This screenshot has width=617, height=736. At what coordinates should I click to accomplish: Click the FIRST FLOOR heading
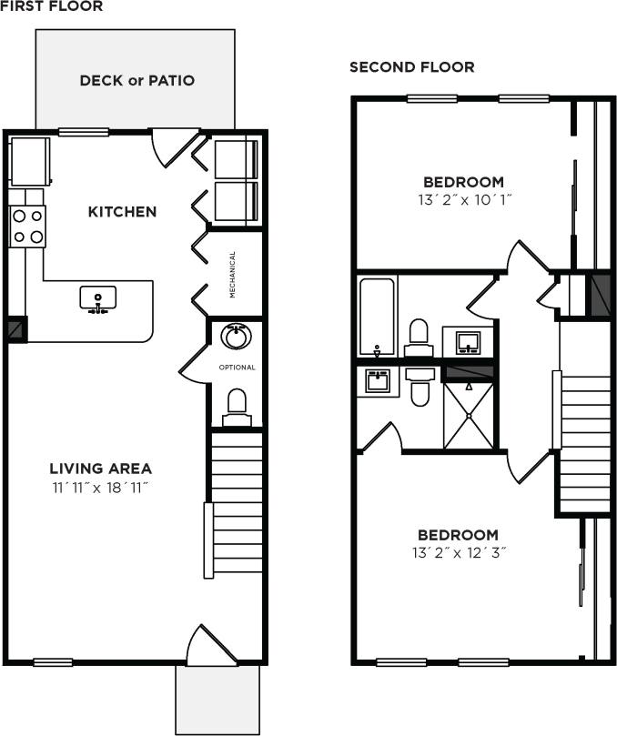(x=51, y=6)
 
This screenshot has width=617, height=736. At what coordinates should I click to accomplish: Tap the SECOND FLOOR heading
(x=411, y=67)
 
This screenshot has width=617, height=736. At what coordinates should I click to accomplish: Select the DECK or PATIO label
(x=137, y=80)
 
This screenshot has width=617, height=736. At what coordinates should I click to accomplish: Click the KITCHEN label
(x=122, y=212)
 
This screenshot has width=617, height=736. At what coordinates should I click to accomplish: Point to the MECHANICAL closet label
(x=233, y=275)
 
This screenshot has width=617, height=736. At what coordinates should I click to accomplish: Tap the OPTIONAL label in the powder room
(x=238, y=368)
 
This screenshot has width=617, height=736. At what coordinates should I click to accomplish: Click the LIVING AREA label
(x=100, y=469)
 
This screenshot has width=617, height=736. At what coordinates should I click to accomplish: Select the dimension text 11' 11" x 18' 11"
(x=100, y=488)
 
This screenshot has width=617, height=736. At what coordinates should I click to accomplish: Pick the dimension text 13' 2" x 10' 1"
(x=463, y=200)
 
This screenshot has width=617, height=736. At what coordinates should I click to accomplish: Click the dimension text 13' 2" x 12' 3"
(x=458, y=552)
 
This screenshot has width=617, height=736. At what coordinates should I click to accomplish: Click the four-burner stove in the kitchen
(x=27, y=227)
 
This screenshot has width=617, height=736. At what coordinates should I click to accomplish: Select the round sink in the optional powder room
(x=236, y=338)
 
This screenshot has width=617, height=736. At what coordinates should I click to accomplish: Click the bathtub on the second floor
(x=377, y=317)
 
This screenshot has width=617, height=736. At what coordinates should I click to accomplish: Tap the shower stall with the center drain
(x=470, y=415)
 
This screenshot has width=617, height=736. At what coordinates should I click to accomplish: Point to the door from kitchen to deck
(x=172, y=146)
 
